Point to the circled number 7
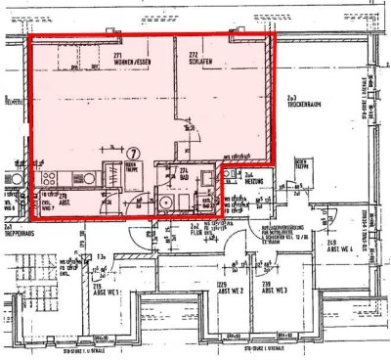[134, 153]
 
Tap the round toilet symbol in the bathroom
[167, 202]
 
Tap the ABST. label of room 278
[62, 202]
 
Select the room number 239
[265, 283]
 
